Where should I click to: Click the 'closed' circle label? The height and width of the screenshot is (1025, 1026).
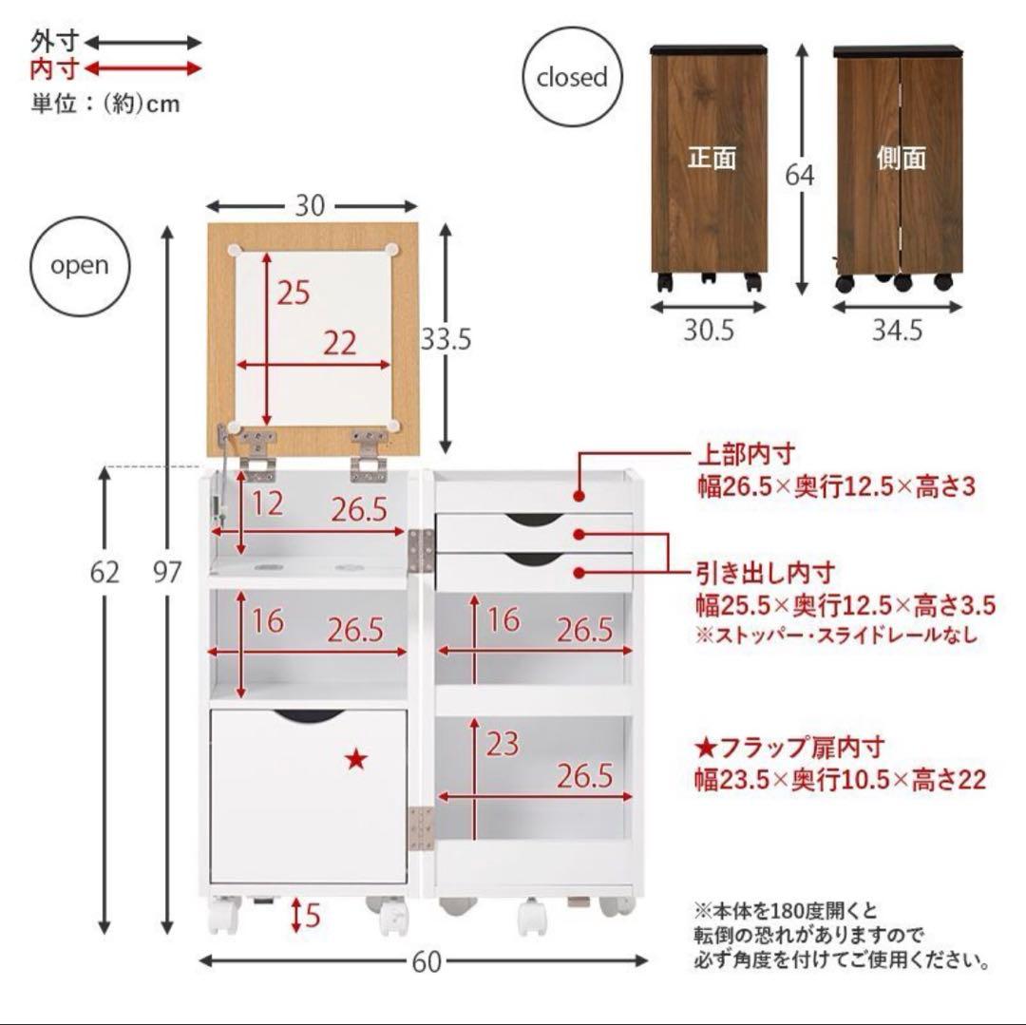(x=571, y=78)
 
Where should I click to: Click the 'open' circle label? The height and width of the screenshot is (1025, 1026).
(x=80, y=266)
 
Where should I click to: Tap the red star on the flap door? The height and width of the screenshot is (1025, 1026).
(x=356, y=758)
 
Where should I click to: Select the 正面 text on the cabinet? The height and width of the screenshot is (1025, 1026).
(x=712, y=158)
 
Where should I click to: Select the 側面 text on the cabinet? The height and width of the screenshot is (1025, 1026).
(x=901, y=158)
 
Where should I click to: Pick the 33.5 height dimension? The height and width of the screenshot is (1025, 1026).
(x=446, y=338)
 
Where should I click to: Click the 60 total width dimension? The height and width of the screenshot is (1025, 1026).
(x=427, y=962)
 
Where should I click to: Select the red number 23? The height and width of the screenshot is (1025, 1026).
(x=503, y=744)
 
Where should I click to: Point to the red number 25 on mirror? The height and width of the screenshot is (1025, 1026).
(x=294, y=294)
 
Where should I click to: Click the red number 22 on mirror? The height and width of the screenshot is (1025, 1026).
(x=338, y=343)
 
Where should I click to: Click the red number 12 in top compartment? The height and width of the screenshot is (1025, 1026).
(x=267, y=504)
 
